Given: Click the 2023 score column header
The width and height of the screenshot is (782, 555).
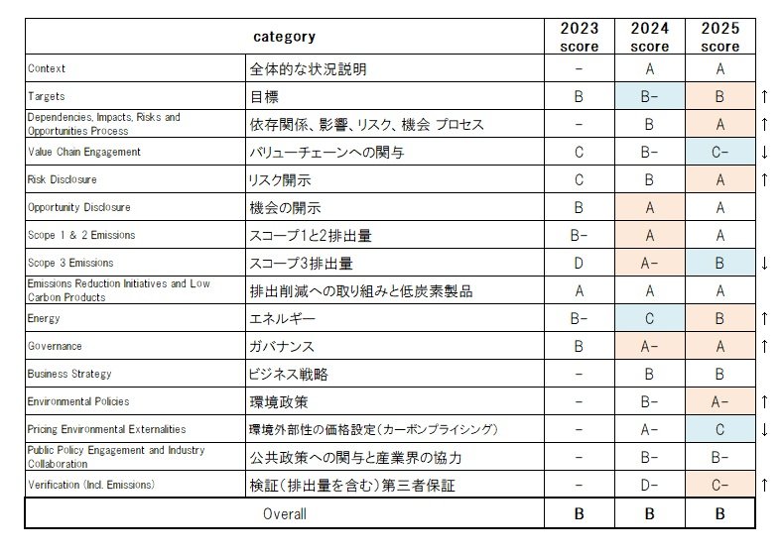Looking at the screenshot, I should point(579,37).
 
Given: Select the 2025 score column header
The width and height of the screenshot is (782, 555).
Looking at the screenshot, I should point(719,37).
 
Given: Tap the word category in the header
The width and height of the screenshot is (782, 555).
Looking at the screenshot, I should point(284,37).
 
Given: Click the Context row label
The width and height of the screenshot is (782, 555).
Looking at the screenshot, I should point(47,69).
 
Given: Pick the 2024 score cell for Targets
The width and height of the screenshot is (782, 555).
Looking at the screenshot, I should point(649,97).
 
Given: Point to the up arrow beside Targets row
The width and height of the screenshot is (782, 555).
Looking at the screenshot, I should point(765,97).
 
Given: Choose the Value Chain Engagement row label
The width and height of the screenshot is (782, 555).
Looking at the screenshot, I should point(84,153).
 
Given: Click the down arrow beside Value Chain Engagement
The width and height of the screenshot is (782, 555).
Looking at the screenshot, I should point(765,153).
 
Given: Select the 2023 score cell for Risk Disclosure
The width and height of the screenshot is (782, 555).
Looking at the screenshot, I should point(579,180).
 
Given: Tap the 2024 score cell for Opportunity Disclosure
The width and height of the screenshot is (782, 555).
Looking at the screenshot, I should point(649,208).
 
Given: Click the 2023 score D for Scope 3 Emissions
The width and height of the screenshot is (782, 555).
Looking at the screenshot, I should point(579,264).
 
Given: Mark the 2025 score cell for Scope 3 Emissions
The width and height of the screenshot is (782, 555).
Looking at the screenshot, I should point(719,264).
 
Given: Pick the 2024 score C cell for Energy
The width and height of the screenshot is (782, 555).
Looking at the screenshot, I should point(649,319).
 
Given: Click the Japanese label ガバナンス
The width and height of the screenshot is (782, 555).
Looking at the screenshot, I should point(282,347).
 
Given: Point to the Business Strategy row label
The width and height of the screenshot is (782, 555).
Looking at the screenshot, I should point(70,375).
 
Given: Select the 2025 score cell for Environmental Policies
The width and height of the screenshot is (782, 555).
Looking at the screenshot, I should point(719,402).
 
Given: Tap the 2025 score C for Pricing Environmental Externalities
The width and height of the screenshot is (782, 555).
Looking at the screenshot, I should point(719,430).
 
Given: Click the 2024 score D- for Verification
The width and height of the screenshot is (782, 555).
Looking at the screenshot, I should point(649,486).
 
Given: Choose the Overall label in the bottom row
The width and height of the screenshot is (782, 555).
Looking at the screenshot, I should point(285,514).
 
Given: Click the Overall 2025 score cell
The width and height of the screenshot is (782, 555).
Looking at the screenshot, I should point(719,514).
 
